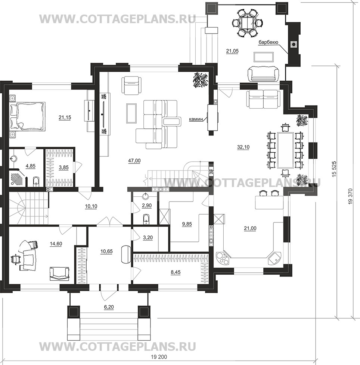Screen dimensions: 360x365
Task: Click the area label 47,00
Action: pos(134,160)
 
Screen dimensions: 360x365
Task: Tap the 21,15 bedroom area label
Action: pos(65,118)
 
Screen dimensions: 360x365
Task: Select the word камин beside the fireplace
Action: pos(195,120)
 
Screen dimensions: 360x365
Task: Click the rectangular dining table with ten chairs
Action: pos(285,150)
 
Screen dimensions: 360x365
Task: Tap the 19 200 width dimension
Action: pos(159,357)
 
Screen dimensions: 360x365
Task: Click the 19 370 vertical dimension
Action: pos(351,196)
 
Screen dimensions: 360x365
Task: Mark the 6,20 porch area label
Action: pos(109,307)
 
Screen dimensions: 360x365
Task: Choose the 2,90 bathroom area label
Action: pos(147,205)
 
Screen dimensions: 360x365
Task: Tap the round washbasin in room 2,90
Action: pos(146,196)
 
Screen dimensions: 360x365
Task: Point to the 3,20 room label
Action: pos(148,237)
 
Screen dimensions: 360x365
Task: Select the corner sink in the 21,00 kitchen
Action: pos(275,258)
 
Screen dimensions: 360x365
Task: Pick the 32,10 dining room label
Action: pos(243,147)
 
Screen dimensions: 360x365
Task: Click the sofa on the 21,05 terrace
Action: pos(263,74)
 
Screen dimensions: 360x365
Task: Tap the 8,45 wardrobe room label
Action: pos(176,272)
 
